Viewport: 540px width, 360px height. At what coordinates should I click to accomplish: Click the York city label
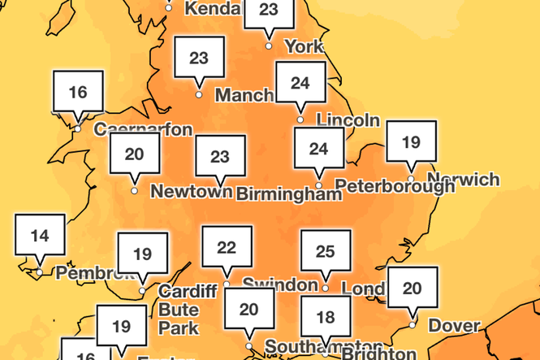point(304,46)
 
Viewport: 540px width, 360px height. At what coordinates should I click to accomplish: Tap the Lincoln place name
point(348,120)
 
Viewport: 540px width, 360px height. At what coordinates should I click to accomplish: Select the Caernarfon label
point(144,129)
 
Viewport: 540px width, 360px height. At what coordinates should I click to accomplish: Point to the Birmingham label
point(288,194)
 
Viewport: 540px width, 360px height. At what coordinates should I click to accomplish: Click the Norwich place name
point(462,179)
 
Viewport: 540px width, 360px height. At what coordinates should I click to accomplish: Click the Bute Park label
point(179,319)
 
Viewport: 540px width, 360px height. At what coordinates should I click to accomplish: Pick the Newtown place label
point(192,192)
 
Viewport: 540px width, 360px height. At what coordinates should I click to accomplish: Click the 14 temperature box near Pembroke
point(40,236)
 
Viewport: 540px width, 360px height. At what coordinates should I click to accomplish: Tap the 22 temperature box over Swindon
point(227,248)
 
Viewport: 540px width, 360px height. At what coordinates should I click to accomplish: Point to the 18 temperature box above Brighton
point(326,317)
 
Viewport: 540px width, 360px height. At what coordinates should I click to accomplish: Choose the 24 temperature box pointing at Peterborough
point(318,149)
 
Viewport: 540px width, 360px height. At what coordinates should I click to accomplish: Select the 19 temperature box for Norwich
point(411,142)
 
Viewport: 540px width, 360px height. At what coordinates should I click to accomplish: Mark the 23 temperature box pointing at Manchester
point(199,59)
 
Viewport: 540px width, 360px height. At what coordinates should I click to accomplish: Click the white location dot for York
point(269,46)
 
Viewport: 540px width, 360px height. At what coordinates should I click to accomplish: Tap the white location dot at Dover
point(413,325)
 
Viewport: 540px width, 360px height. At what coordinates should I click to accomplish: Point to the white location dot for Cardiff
point(143,291)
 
